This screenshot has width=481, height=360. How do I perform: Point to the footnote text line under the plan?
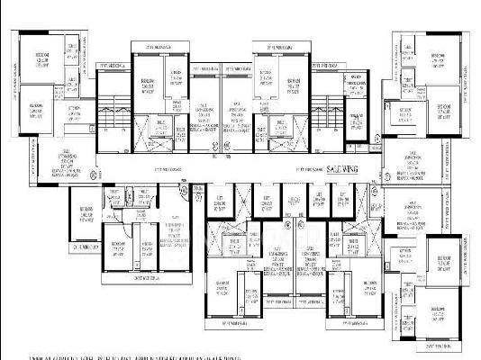point(240,353)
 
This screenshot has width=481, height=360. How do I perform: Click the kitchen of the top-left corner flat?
point(67,112)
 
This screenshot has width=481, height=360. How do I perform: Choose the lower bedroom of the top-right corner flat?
point(443,111)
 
